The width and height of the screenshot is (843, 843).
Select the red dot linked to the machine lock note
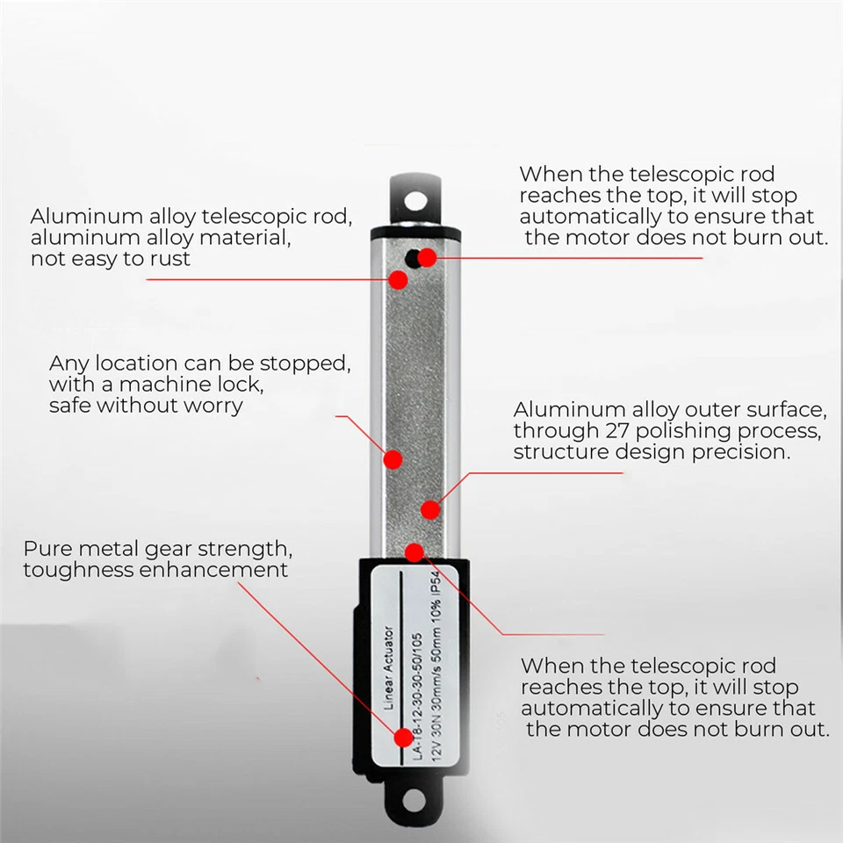393,458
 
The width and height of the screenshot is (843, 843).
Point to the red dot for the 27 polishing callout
429,509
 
